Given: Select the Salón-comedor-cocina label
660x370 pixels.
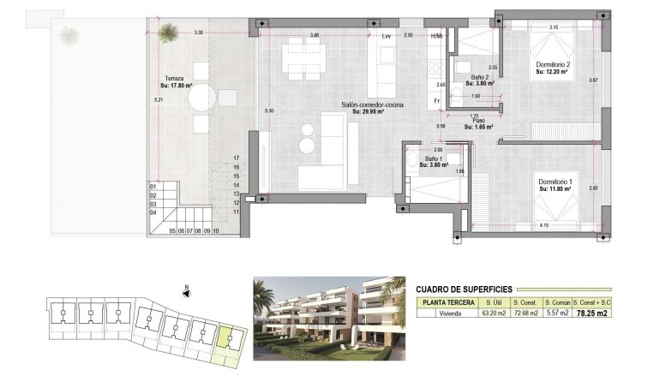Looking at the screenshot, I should tap(373, 104).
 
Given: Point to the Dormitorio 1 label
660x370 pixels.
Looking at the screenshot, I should tap(555, 182).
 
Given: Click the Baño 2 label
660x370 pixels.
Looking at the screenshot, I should tap(480, 77).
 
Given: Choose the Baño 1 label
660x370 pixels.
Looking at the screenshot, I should tap(435, 160).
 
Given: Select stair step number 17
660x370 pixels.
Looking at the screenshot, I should tap(236, 158).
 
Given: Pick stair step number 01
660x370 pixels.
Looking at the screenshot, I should tap(153, 186).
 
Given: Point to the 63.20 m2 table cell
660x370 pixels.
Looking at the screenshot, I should tap(493, 314).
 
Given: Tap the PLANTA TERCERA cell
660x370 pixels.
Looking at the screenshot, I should tap(447, 302).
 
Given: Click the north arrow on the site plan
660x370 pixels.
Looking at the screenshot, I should tap(185, 290).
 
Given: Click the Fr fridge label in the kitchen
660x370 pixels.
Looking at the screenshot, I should tap(437, 101).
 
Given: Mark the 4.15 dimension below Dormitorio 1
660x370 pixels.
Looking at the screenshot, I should tap(543, 225).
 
